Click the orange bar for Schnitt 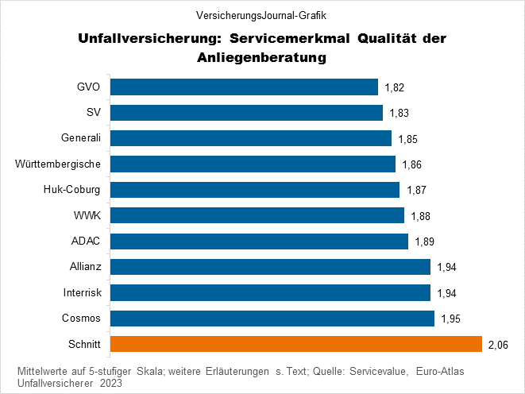(x=295, y=344)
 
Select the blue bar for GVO (x=243, y=87)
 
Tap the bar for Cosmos (x=272, y=319)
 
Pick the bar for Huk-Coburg (x=254, y=190)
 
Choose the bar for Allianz (x=269, y=267)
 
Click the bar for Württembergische (x=252, y=164)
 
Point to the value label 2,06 (x=498, y=345)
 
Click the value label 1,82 (x=395, y=87)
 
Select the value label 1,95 (x=450, y=319)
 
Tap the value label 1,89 (x=424, y=242)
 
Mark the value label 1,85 (x=407, y=139)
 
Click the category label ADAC (x=86, y=241)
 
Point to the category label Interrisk (x=82, y=292)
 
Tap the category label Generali (x=81, y=138)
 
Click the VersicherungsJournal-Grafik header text (x=262, y=14)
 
